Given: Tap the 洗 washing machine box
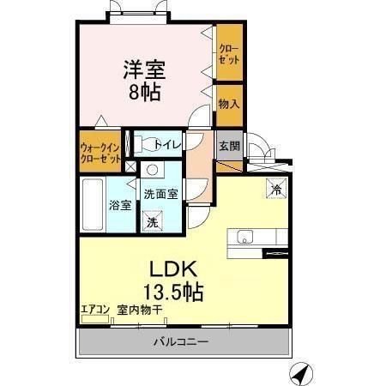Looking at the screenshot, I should coord(152,221).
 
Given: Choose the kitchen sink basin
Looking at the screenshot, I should coord(240,237).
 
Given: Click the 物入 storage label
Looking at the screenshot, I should coord(227,104).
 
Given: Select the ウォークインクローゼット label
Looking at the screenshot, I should coord(101,152).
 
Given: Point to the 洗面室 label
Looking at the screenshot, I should coord(160,194).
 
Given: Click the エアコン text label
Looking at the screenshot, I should coord(94,309).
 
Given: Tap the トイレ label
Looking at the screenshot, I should coord(168,145).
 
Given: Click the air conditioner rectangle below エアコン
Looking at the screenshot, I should coord(94,321).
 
